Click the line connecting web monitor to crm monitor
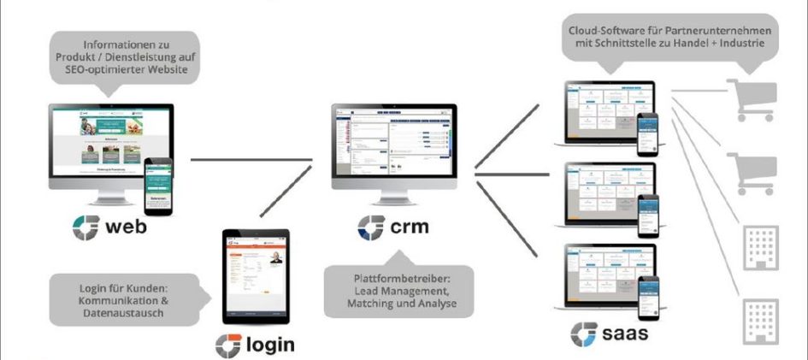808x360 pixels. tap(248, 159)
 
